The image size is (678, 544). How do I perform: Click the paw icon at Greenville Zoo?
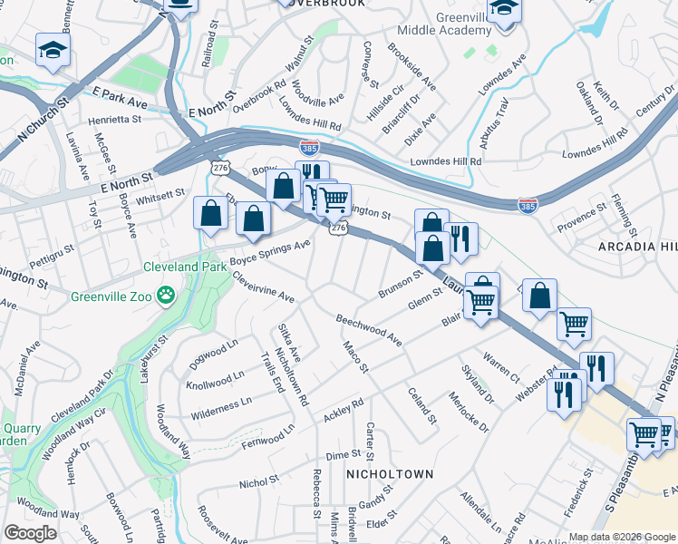(166, 295)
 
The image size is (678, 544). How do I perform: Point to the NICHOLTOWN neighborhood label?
(390, 474)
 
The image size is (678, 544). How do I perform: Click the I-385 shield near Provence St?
(528, 207)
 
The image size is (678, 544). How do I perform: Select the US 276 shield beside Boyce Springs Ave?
(337, 229)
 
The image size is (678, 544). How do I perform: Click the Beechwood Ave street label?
(368, 330)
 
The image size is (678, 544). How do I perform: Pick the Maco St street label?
(355, 356)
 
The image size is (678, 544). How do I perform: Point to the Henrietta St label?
(114, 119)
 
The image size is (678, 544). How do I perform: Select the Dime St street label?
(344, 454)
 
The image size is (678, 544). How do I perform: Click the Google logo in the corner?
(30, 533)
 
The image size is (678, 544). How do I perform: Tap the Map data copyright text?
(622, 537)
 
